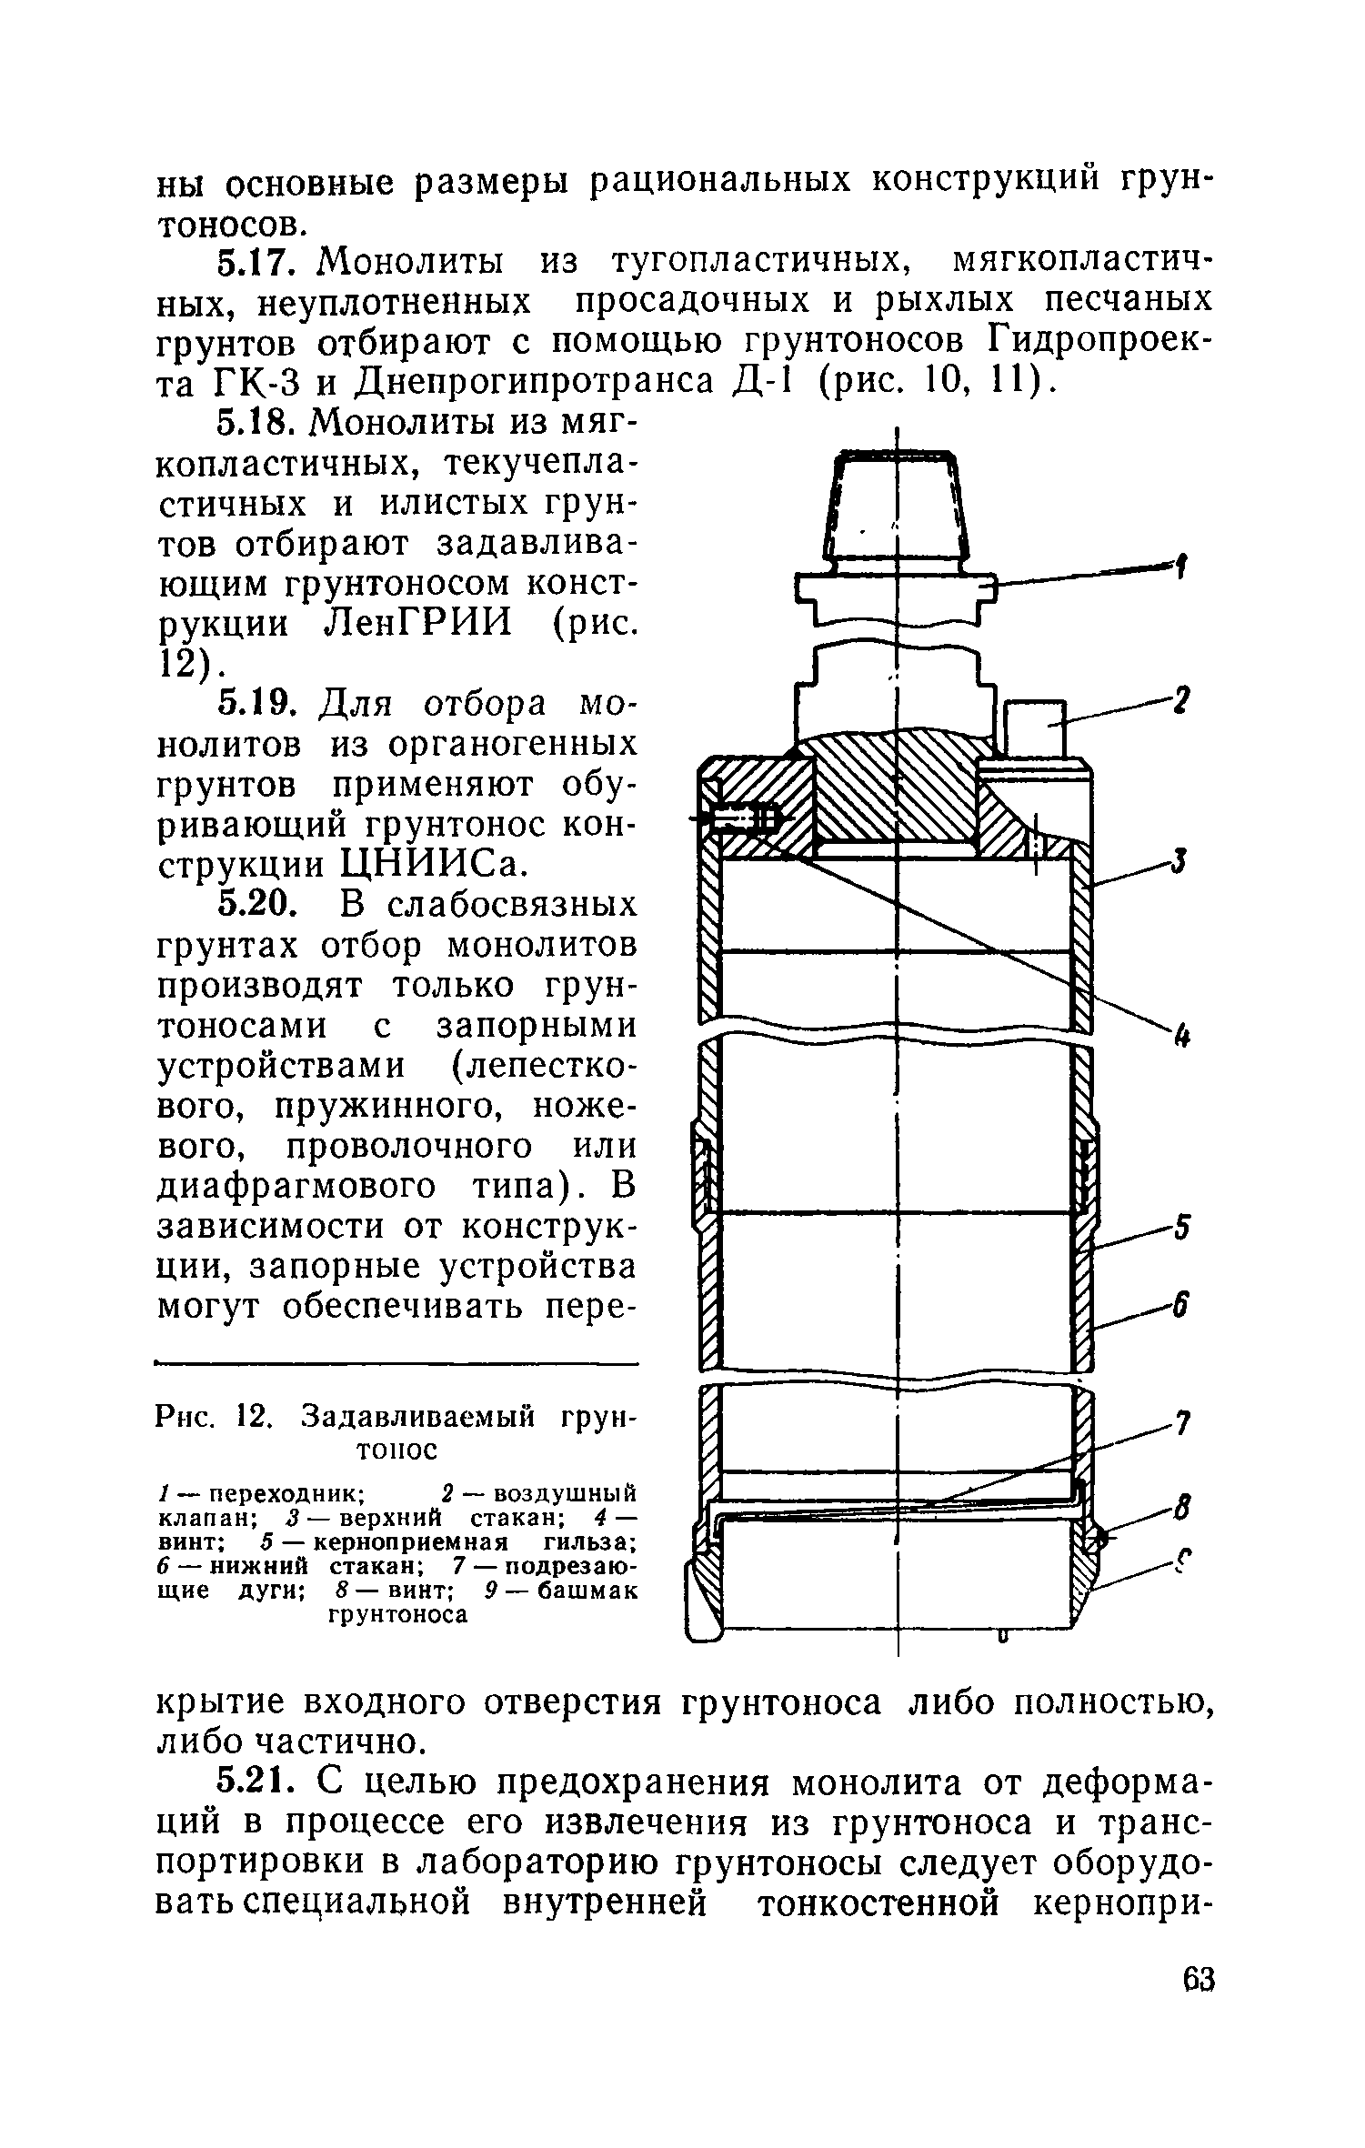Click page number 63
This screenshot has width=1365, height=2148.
pyautogui.click(x=1199, y=2006)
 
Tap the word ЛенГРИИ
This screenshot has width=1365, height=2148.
pyautogui.click(x=419, y=624)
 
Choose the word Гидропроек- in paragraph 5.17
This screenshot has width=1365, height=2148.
pyautogui.click(x=1100, y=341)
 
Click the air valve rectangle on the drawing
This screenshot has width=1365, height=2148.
pyautogui.click(x=1033, y=728)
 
